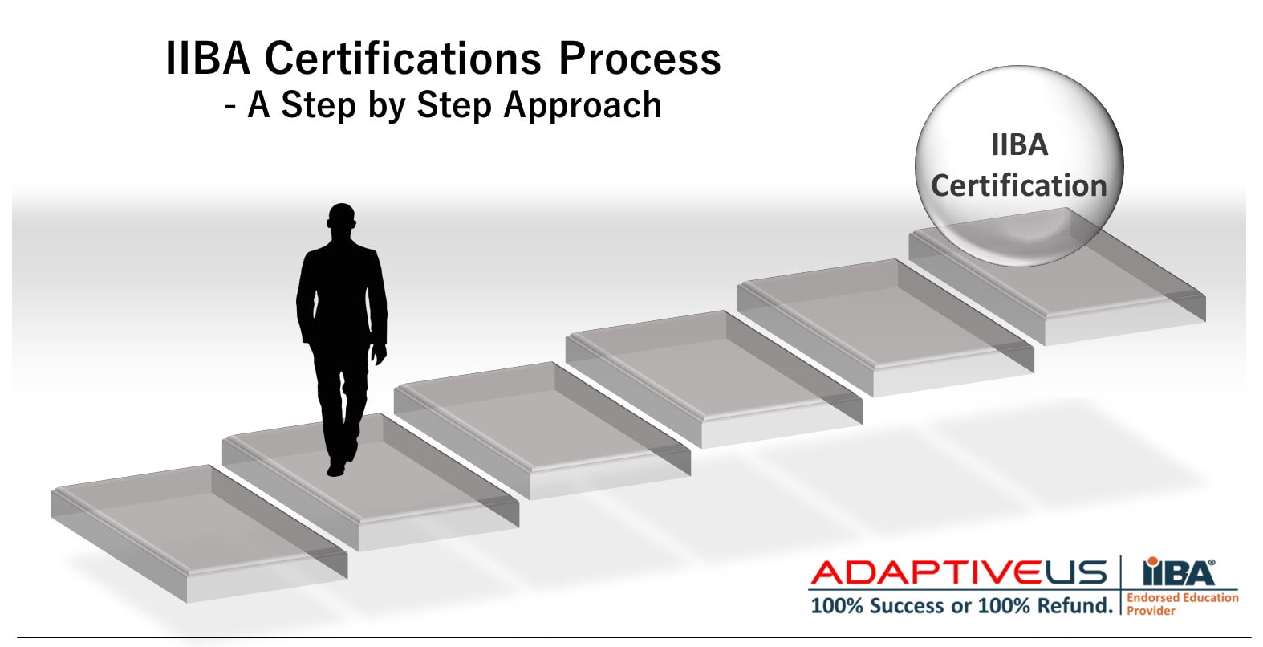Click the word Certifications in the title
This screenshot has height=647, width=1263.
pos(403,59)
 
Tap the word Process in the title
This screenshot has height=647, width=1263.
pos(640,59)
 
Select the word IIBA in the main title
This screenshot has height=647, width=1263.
pos(208,59)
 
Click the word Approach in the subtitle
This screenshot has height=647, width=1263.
pos(583,106)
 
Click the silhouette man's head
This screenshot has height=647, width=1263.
pos(342,219)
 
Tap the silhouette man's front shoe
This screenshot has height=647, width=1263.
pos(336,467)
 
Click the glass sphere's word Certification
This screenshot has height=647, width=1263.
pos(1019,185)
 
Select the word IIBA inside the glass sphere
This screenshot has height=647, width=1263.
pos(1019,145)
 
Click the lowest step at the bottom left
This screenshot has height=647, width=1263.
pos(199,534)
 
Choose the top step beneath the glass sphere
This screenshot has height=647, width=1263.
pos(1058,276)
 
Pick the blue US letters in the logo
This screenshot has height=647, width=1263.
pos(1076,572)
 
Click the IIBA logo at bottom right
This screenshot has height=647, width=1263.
pos(1179,572)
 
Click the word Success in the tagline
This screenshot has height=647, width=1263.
pos(907,606)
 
